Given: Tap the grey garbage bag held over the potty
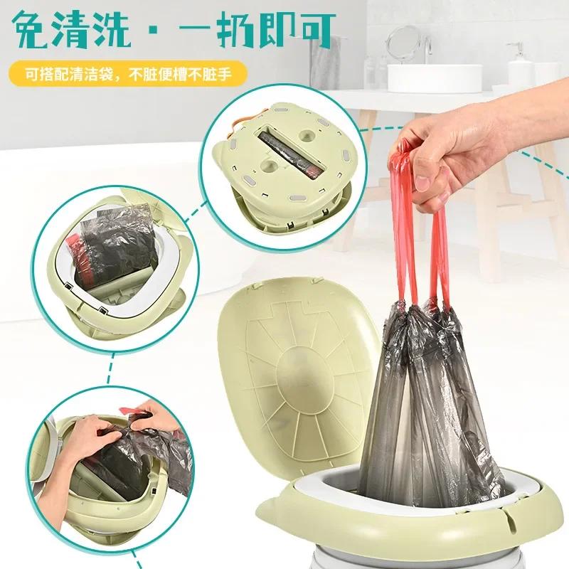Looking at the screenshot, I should (427, 398).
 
